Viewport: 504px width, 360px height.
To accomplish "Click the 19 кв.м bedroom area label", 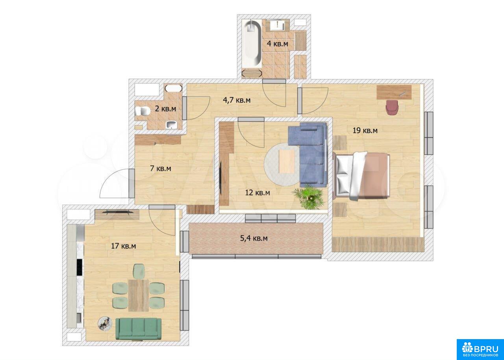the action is [x=365, y=130].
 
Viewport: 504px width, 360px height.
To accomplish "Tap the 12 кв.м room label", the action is [x=258, y=193].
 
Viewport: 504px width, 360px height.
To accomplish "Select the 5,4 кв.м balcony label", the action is [x=254, y=238].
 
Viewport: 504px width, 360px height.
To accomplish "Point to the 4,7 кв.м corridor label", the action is [x=237, y=100].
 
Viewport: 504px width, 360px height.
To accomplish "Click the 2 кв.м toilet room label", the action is [x=165, y=109].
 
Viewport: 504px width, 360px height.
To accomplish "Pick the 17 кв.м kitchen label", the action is [x=123, y=246].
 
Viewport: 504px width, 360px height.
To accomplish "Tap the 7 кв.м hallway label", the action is [x=160, y=168].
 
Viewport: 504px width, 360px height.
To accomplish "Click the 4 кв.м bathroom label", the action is [x=278, y=43].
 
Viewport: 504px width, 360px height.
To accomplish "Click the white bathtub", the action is [x=252, y=43].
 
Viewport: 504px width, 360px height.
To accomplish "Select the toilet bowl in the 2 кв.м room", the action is [x=143, y=111].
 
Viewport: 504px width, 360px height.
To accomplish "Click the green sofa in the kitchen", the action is [x=138, y=328].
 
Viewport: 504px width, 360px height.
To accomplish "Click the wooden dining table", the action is [x=138, y=295].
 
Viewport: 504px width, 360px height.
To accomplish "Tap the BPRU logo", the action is [x=480, y=349].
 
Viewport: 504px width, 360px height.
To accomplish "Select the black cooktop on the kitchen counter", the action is [x=80, y=267].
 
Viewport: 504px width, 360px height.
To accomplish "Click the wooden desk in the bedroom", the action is [x=394, y=92].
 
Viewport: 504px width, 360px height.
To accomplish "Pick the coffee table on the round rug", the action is [x=287, y=161].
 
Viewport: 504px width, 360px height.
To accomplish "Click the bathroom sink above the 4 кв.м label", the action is [x=277, y=25].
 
